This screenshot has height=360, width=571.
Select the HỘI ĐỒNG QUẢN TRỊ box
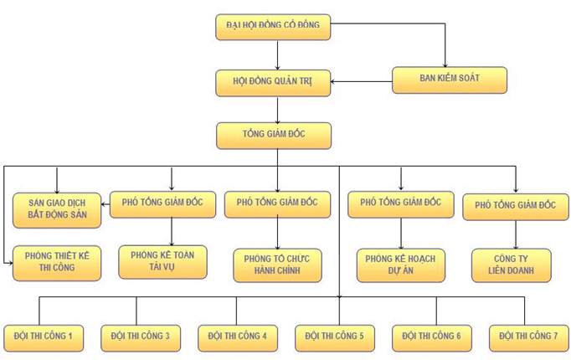click(273, 81)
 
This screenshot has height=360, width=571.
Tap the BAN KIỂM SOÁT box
click(450, 80)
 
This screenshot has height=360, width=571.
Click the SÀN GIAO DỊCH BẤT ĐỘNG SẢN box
click(57, 208)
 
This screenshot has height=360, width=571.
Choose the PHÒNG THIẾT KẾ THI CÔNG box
click(57, 262)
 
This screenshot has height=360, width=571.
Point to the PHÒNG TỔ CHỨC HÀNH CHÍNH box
click(277, 265)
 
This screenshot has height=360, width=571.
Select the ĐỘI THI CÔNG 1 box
click(44, 336)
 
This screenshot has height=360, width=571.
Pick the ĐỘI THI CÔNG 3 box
click(141, 336)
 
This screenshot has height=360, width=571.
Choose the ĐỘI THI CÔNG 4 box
click(238, 336)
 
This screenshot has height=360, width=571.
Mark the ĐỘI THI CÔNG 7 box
click(528, 336)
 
